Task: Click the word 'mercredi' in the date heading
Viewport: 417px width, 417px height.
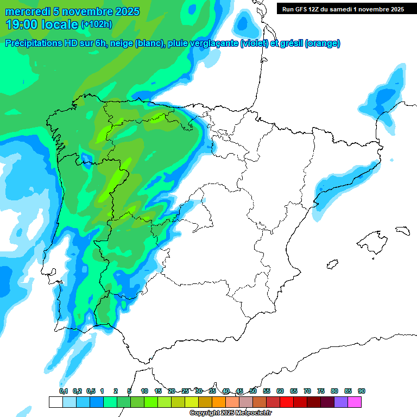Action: pyautogui.click(x=27, y=11)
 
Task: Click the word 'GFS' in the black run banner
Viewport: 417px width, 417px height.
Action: pyautogui.click(x=302, y=9)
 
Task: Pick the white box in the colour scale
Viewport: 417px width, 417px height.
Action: pyautogui.click(x=55, y=402)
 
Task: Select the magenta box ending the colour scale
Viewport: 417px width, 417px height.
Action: pyautogui.click(x=355, y=402)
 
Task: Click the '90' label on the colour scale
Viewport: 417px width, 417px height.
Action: pyautogui.click(x=362, y=391)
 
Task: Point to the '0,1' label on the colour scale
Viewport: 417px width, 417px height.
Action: pyautogui.click(x=64, y=391)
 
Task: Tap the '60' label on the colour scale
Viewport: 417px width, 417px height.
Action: pyautogui.click(x=280, y=391)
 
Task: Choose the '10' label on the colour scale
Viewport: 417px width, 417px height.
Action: pyautogui.click(x=144, y=391)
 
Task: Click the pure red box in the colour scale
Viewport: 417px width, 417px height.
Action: pyautogui.click(x=287, y=402)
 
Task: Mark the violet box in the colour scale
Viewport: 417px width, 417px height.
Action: pyautogui.click(x=341, y=402)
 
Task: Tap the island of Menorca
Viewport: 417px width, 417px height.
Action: pyautogui.click(x=402, y=230)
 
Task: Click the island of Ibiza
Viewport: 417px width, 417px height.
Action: pyautogui.click(x=332, y=264)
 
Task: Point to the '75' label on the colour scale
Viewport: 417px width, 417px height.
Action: pyautogui.click(x=321, y=391)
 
